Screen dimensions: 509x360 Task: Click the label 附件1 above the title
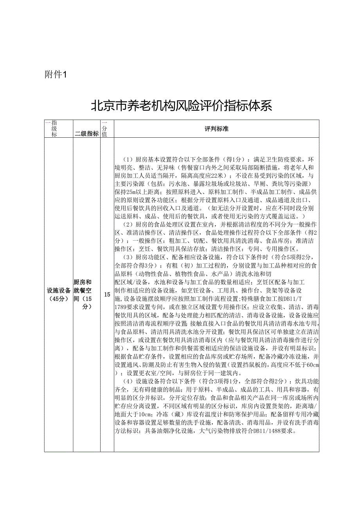point(57,75)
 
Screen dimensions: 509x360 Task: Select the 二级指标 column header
point(86,134)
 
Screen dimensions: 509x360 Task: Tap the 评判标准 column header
point(216,128)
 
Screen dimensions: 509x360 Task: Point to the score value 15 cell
point(107,294)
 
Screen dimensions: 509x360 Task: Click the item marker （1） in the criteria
point(128,160)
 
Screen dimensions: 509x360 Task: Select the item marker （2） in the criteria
point(128,224)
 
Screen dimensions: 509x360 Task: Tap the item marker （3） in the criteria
point(128,257)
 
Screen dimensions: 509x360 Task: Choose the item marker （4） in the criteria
point(128,381)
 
